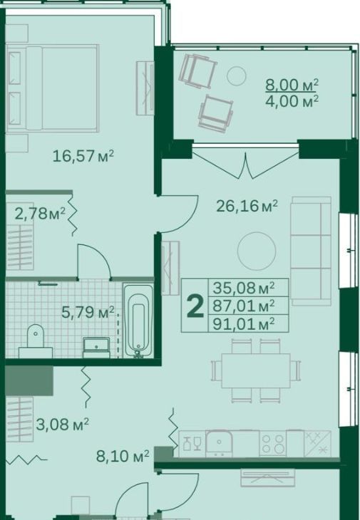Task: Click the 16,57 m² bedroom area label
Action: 83,155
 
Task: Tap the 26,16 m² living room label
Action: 247,206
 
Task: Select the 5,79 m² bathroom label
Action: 88,312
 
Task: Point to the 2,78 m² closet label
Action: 40,214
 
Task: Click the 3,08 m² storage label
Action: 63,424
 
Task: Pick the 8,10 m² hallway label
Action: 123,457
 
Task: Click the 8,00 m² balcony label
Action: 292,85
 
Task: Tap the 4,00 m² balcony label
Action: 292,101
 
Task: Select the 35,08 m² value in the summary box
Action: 244,288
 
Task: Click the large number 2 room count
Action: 195,306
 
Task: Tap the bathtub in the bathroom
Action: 138,321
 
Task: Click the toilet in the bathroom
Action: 35,341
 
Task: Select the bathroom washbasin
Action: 96,348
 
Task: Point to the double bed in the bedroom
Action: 52,88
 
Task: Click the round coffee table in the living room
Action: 257,251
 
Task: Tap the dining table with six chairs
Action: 256,370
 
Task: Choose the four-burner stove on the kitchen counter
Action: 273,444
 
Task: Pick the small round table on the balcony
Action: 236,76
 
